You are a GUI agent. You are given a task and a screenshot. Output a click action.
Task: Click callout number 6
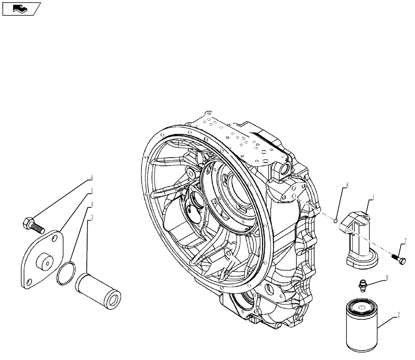[x=92, y=178]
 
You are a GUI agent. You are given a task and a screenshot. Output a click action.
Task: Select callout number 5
[x=92, y=191]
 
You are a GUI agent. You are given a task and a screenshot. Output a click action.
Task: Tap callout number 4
[x=92, y=204]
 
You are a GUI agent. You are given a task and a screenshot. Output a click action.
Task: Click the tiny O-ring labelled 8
[x=337, y=220]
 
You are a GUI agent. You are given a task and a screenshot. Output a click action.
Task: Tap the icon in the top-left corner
[x=21, y=8]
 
